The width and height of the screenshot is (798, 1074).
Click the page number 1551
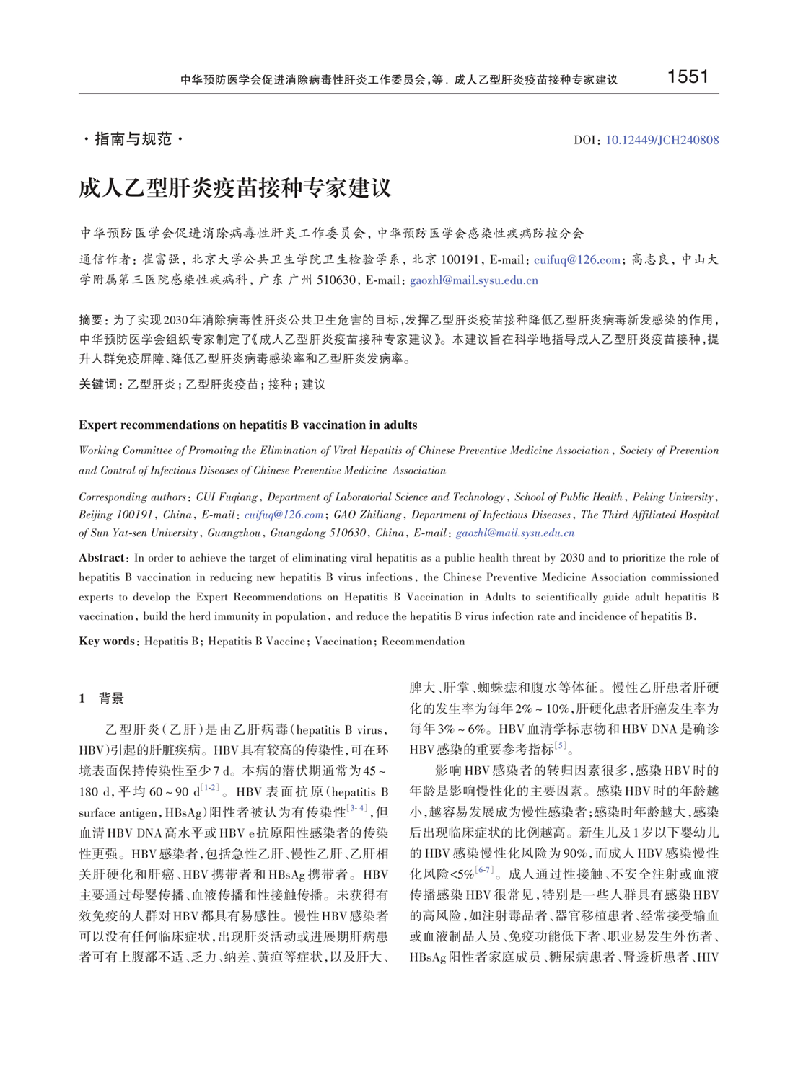click(x=688, y=77)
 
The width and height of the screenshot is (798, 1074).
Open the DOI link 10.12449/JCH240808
click(x=662, y=140)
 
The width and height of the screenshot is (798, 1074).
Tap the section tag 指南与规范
click(x=133, y=139)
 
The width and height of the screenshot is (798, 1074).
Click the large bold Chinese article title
click(x=235, y=188)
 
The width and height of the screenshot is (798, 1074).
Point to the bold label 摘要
click(x=91, y=320)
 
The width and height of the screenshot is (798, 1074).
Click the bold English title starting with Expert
click(x=247, y=425)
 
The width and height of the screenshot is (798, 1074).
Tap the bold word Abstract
click(x=102, y=558)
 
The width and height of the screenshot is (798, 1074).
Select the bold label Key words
click(x=107, y=641)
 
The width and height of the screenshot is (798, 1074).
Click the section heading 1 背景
click(x=102, y=698)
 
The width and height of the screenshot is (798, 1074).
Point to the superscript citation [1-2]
click(x=209, y=788)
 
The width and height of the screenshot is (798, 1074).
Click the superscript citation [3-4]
click(x=356, y=809)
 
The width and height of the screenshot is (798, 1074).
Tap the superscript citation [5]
click(x=560, y=746)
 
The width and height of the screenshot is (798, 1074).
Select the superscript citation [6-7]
click(x=483, y=871)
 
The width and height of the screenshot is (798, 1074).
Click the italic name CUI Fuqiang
click(x=228, y=497)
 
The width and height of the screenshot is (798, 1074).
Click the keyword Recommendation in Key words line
click(x=423, y=641)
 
